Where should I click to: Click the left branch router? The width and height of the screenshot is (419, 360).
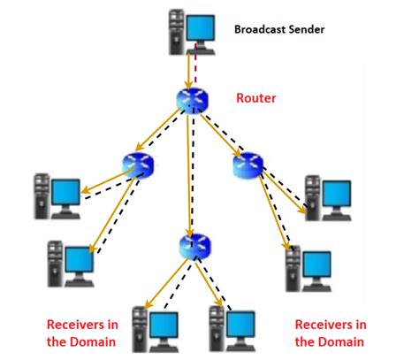[x=138, y=163]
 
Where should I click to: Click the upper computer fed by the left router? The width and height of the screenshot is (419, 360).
[x=56, y=195]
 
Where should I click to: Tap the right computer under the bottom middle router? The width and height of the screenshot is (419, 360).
[x=225, y=327]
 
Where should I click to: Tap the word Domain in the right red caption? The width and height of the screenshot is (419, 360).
[x=344, y=341]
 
